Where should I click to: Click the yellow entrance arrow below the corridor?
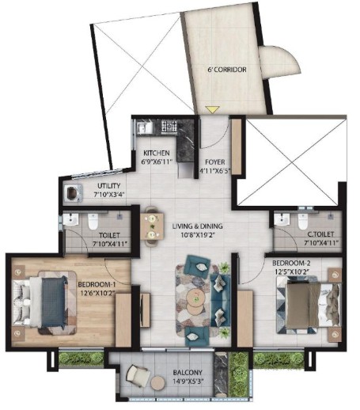(212, 109)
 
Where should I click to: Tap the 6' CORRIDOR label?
(227, 70)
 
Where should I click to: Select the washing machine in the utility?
(73, 193)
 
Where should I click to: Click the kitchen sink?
(143, 127)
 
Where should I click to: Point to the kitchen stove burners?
(169, 126)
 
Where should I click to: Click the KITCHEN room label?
(157, 153)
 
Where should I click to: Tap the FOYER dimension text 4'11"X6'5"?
(215, 170)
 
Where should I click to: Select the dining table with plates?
(152, 226)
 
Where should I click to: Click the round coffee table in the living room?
(196, 302)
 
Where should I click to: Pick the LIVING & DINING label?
(197, 226)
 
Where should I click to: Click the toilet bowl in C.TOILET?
(303, 222)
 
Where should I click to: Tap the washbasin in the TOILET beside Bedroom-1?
(70, 219)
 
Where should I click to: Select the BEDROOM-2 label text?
(291, 263)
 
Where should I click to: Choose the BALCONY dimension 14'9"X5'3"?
(188, 382)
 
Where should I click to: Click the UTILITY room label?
(108, 186)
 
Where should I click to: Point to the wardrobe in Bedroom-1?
(123, 320)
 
